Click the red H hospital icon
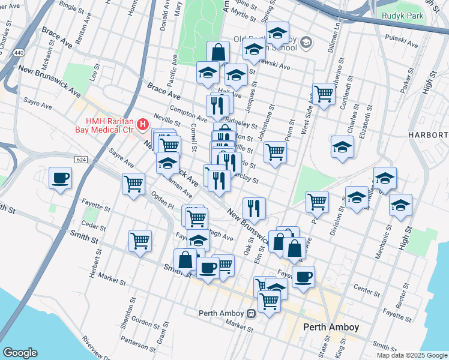click(143, 125)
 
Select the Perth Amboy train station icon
click(251, 313)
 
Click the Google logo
click(20, 353)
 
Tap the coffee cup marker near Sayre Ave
click(61, 178)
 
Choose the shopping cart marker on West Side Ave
click(324, 94)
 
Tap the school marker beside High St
click(400, 205)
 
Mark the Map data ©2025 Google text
click(411, 355)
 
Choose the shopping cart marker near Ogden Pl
click(133, 184)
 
